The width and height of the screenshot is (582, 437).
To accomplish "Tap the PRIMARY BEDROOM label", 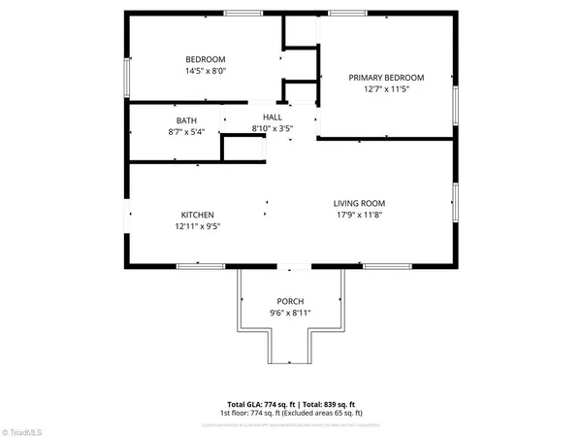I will click(387, 78).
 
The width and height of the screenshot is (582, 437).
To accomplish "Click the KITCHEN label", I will click(197, 215).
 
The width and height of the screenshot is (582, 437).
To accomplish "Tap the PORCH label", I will click(290, 300).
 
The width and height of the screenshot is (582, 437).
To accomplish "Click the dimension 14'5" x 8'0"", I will click(206, 71).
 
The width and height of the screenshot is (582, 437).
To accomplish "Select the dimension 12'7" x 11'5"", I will click(387, 89).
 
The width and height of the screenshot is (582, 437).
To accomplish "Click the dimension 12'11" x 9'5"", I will click(197, 226).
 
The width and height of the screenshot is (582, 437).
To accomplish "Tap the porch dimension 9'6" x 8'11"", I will click(290, 313).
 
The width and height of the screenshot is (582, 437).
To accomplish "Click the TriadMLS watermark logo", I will click(29, 427).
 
